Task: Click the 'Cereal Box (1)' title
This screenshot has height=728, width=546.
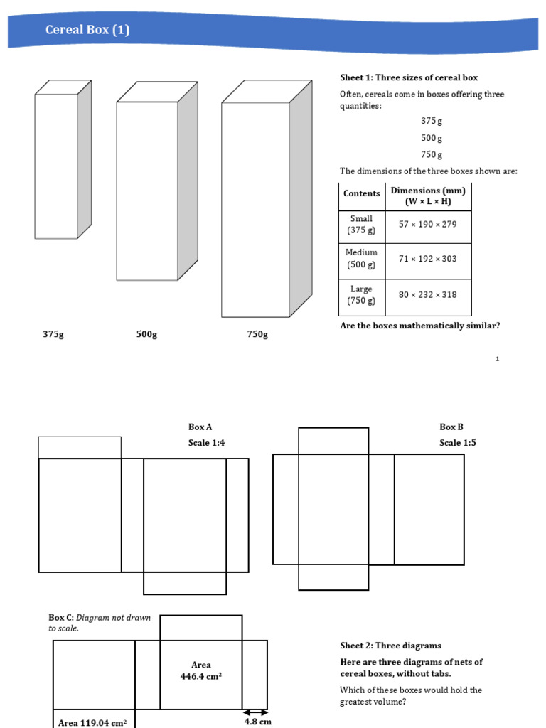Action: (87, 30)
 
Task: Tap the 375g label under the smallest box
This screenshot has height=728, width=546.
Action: (53, 334)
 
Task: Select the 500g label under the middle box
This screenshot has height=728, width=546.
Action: (146, 334)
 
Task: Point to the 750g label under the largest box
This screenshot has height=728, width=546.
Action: (257, 334)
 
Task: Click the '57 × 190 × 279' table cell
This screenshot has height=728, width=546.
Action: (428, 224)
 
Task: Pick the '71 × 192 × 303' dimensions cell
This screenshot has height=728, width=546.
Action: (428, 259)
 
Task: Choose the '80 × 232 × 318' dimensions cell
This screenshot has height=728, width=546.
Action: (428, 294)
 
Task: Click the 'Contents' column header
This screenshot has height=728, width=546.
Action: (362, 193)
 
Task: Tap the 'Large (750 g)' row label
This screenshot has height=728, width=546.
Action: (361, 295)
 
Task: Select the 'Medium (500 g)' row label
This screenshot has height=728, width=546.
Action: (361, 259)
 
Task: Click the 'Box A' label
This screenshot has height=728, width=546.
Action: (200, 427)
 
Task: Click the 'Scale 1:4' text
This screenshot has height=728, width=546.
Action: (207, 443)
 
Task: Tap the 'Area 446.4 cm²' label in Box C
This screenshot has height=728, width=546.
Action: (201, 671)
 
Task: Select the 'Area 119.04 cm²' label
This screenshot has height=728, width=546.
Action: (92, 723)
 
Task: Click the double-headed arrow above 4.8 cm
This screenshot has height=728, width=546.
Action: (256, 712)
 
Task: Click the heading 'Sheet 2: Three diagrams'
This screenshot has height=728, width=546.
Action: (390, 646)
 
